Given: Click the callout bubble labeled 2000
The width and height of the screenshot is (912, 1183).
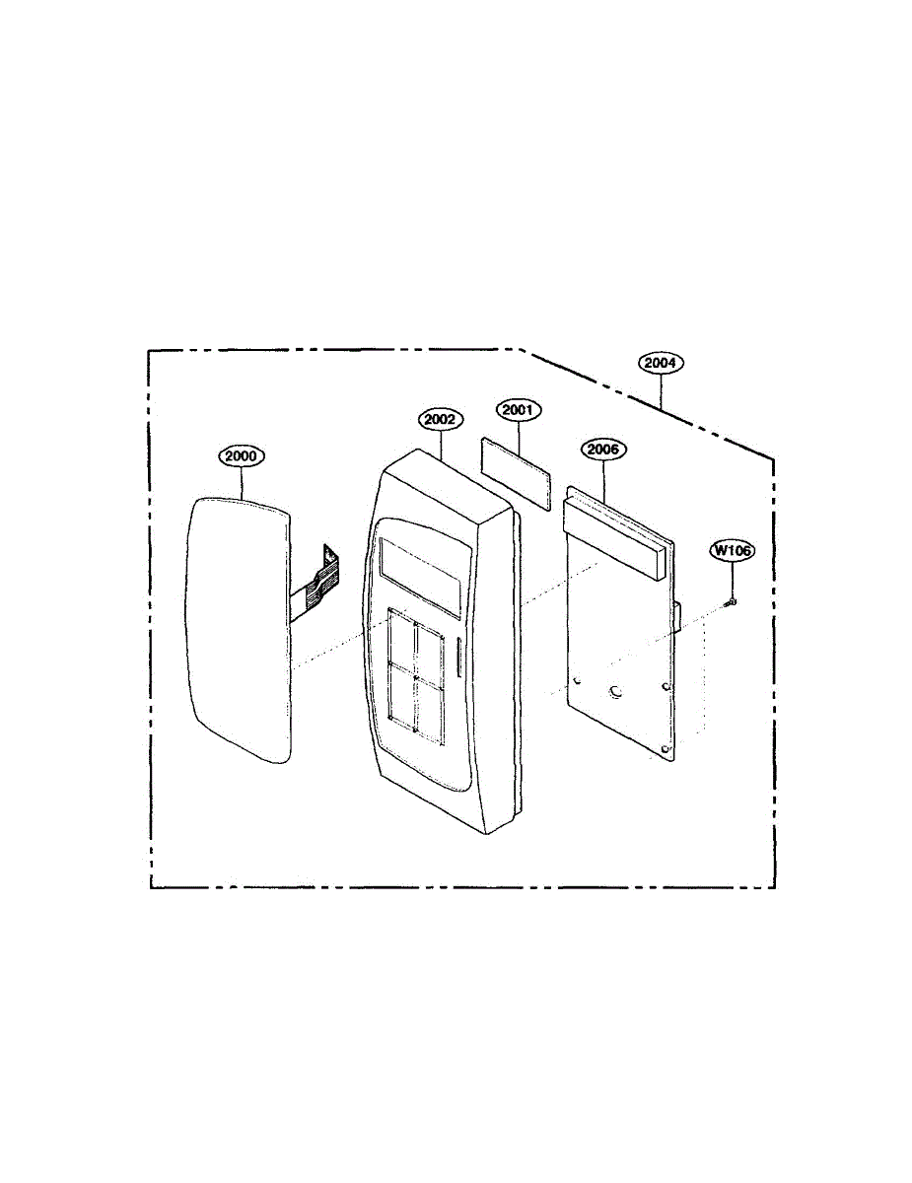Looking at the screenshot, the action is pyautogui.click(x=242, y=456).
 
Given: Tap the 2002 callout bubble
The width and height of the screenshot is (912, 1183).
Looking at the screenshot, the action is pyautogui.click(x=439, y=419).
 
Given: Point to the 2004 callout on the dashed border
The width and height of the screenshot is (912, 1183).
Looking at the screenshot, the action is pyautogui.click(x=660, y=363).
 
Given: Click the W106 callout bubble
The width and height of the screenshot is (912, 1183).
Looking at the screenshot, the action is pyautogui.click(x=733, y=551).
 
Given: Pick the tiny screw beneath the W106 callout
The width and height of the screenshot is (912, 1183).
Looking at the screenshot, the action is pyautogui.click(x=732, y=600).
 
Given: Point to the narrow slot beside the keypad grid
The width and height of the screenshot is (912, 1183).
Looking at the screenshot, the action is pyautogui.click(x=458, y=659).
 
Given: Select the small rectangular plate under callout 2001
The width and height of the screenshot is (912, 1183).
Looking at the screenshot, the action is pyautogui.click(x=516, y=472).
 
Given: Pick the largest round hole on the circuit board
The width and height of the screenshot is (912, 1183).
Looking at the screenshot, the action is pyautogui.click(x=616, y=693).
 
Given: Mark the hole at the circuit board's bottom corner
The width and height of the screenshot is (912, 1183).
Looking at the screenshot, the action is pyautogui.click(x=667, y=750).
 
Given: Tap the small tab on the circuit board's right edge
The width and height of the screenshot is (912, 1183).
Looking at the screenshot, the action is pyautogui.click(x=679, y=617).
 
